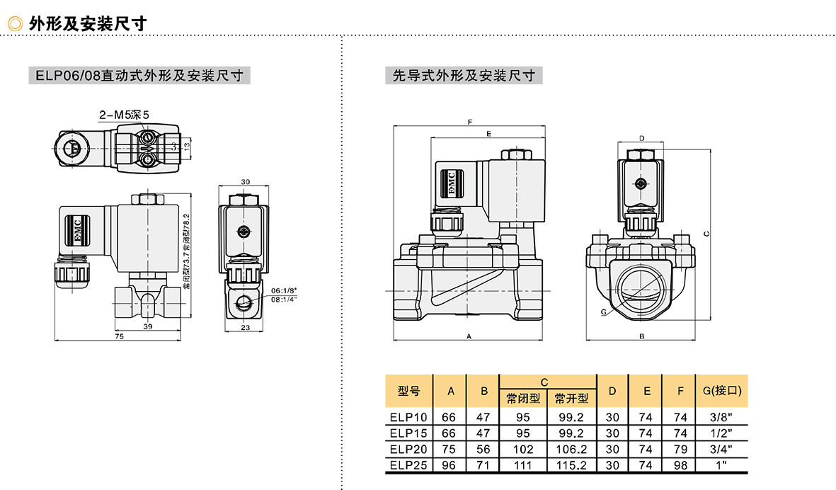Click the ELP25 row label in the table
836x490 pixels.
408,465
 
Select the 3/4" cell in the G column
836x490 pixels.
721,449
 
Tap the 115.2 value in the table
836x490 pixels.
571,465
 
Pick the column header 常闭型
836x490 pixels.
523,399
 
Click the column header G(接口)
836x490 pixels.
721,390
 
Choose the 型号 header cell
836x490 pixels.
408,390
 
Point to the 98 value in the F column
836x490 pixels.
680,465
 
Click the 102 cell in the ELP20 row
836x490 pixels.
523,449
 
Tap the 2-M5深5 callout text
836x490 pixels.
124,114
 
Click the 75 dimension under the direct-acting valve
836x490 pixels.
119,337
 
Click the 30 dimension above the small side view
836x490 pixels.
246,182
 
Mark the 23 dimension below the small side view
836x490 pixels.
245,326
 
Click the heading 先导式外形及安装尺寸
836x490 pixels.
464,75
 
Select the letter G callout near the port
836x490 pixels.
602,312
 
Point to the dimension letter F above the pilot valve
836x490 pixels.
470,122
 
